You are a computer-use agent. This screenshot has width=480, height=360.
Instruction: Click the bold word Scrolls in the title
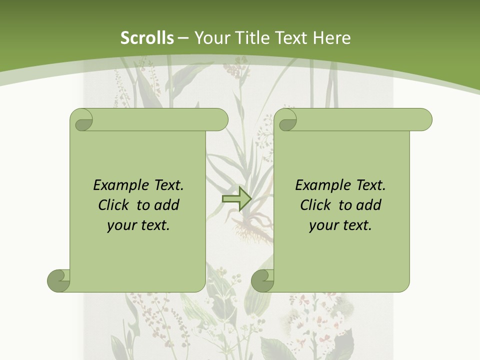click(x=147, y=38)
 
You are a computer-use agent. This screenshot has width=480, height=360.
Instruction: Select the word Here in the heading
click(x=332, y=38)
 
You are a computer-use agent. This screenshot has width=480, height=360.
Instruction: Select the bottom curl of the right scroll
click(x=263, y=280)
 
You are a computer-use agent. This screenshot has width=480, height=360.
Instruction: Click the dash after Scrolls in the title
click(x=183, y=38)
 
